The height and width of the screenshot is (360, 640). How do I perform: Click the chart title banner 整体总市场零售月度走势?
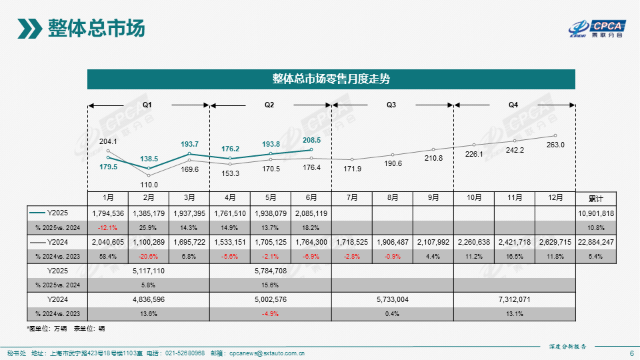[x=331, y=79]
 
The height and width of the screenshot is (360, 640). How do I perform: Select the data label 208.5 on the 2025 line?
[x=312, y=140]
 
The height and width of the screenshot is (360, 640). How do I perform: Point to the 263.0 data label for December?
[x=555, y=145]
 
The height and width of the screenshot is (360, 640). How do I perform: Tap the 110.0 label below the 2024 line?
[x=149, y=185]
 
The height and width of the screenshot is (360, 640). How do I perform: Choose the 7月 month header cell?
[x=352, y=198]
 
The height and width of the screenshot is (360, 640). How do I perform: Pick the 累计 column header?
[x=596, y=199]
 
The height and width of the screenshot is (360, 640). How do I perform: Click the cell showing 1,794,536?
[x=108, y=213]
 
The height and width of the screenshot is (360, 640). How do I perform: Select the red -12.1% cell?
[x=108, y=228]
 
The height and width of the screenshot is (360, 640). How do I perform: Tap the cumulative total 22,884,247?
[x=596, y=242]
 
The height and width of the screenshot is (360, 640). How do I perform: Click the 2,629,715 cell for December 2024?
[x=555, y=242]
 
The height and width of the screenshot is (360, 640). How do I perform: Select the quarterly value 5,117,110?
[x=149, y=271]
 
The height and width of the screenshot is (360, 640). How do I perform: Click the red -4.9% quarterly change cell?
[x=270, y=314]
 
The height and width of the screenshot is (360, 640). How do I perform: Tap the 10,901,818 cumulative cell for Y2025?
[x=596, y=213]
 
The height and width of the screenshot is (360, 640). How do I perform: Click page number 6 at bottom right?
[x=631, y=353]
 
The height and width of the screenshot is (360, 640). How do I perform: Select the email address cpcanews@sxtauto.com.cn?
[x=267, y=353]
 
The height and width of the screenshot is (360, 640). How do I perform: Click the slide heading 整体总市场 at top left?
[x=96, y=29]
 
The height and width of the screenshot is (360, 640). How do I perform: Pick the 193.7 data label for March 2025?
[x=189, y=145]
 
